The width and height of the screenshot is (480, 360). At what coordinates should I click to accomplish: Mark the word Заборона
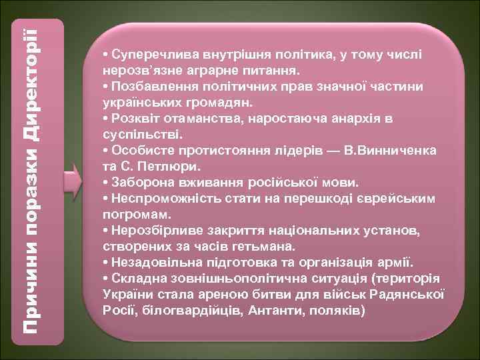139,183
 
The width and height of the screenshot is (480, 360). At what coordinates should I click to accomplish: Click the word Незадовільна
151,263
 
